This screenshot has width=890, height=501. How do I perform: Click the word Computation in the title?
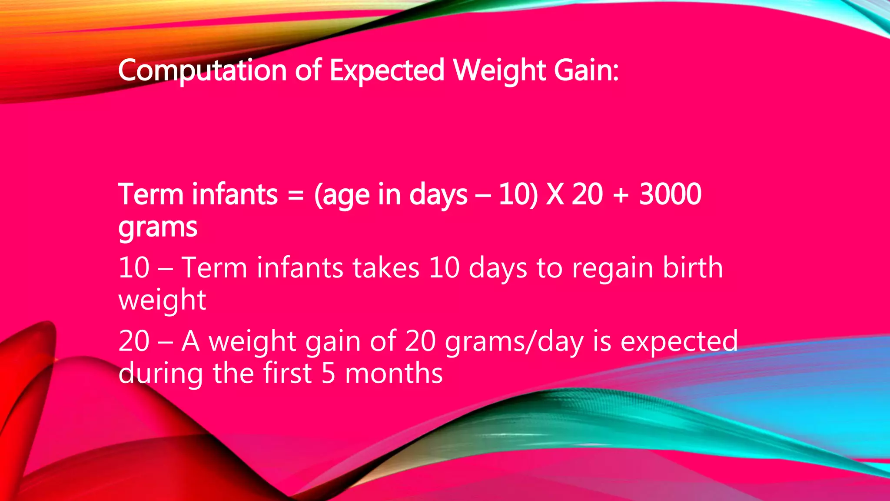tap(202, 70)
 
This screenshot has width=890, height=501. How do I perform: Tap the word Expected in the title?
tap(387, 70)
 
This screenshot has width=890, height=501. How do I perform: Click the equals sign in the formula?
tap(296, 195)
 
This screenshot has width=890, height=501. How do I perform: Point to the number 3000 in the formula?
tap(670, 194)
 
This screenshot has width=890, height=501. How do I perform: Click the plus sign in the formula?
tap(621, 195)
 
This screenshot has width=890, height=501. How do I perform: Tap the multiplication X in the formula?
tap(555, 194)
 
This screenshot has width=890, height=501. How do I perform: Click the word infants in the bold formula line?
tap(235, 194)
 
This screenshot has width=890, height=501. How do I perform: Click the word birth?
tap(693, 267)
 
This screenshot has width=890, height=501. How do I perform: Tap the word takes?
tap(385, 267)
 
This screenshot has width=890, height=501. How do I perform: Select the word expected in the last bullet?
tap(679, 342)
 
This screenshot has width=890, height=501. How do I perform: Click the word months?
tap(394, 374)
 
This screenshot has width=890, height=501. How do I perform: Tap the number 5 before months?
tap(329, 374)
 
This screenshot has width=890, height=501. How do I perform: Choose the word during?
tap(160, 374)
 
